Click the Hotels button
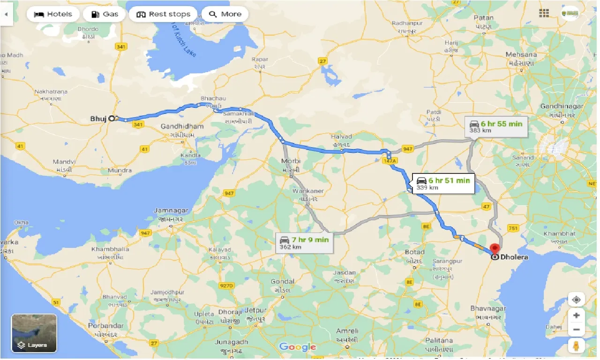tap(53, 14)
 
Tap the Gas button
tap(104, 14)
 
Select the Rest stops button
tap(164, 14)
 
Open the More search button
tap(225, 14)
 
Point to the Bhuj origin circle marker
tap(112, 119)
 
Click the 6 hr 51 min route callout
tap(443, 183)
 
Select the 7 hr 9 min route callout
tap(304, 243)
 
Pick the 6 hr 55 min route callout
tap(497, 127)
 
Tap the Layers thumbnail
tap(34, 333)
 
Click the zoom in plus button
tap(576, 315)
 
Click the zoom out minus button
tap(576, 330)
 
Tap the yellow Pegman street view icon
tap(576, 346)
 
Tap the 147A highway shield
tap(389, 160)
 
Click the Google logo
tap(298, 347)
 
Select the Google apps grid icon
tap(544, 13)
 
